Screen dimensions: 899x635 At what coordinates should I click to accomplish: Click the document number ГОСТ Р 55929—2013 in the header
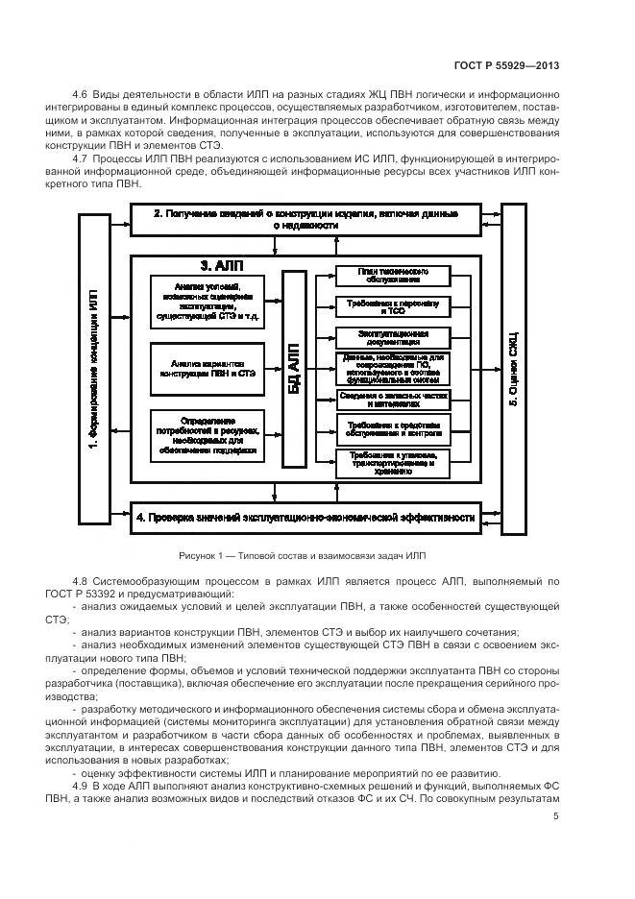point(506,66)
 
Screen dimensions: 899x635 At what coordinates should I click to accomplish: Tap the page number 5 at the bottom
point(556,817)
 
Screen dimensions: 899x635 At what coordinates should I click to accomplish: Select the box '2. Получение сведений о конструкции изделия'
point(305,218)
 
